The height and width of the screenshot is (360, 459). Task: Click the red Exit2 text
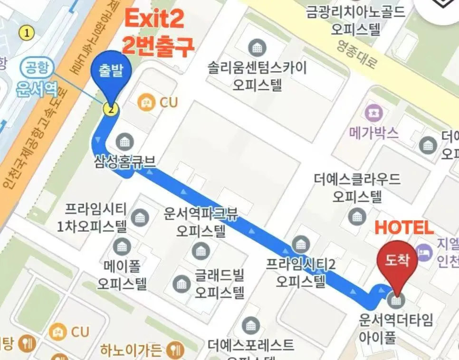154,20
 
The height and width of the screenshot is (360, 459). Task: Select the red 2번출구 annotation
159,47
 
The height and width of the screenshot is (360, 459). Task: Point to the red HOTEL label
404,227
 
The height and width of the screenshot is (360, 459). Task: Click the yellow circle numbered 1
27,32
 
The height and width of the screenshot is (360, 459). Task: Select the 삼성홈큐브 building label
124,161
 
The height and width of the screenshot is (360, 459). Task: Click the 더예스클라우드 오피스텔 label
357,187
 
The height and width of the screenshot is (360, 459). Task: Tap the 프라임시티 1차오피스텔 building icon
140,217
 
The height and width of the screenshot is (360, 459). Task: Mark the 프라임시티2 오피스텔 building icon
300,245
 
